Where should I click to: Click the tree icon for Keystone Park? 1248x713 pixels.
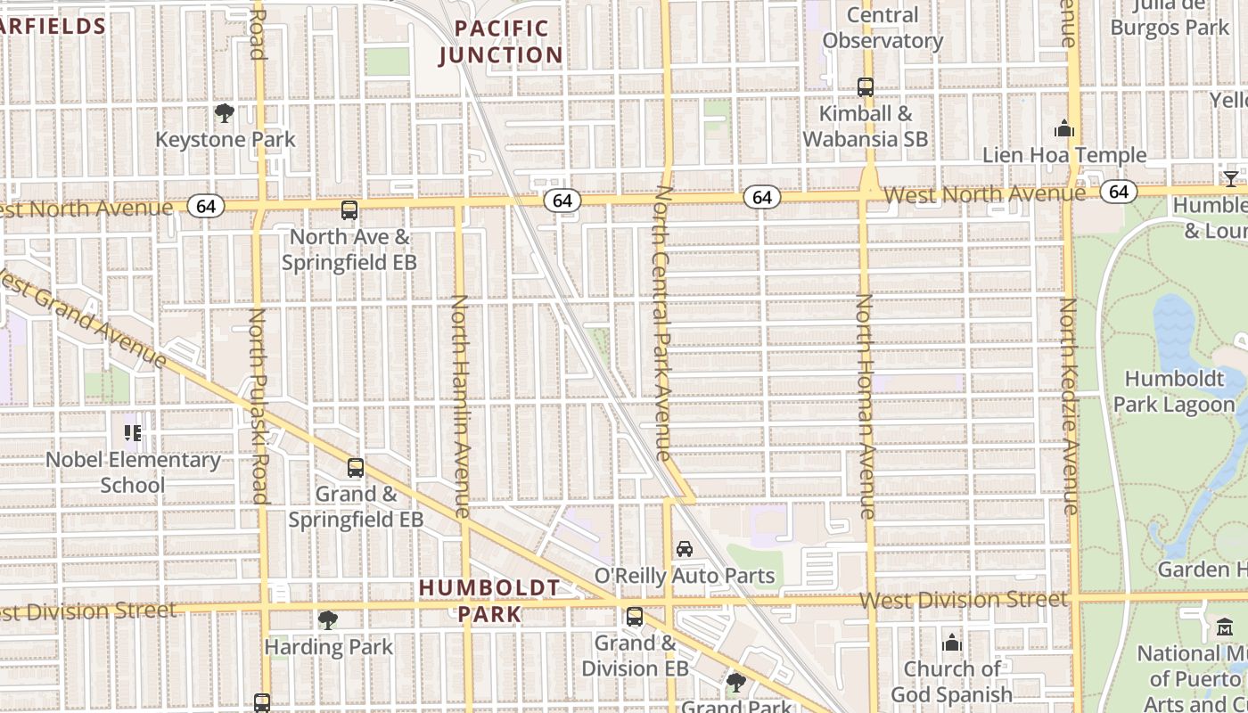(x=225, y=113)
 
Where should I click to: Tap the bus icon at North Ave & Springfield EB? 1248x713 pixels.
(x=349, y=210)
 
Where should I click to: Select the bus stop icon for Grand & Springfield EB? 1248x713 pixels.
(x=356, y=467)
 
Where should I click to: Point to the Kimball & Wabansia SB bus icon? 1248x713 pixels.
(x=866, y=87)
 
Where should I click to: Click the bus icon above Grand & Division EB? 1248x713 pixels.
(x=635, y=616)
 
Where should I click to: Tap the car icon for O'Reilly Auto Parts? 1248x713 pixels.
(x=685, y=548)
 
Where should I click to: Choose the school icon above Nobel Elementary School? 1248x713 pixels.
(x=133, y=433)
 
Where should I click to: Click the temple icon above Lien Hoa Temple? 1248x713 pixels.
(x=1063, y=129)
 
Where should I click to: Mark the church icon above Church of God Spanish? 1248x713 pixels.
(x=952, y=643)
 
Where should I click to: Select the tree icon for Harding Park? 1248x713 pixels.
(x=328, y=619)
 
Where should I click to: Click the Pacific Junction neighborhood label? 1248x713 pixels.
(x=500, y=42)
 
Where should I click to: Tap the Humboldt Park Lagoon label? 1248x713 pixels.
(x=1173, y=391)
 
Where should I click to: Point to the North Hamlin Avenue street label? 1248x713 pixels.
(x=460, y=406)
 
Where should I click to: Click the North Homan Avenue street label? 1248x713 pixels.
(x=865, y=406)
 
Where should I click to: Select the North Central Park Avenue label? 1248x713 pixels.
(x=662, y=323)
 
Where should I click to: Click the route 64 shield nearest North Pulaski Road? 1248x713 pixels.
(x=206, y=207)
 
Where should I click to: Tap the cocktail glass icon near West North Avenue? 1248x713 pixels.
(x=1231, y=178)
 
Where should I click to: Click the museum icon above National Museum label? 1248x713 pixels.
(x=1224, y=627)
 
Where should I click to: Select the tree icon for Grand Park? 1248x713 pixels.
(x=735, y=683)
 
